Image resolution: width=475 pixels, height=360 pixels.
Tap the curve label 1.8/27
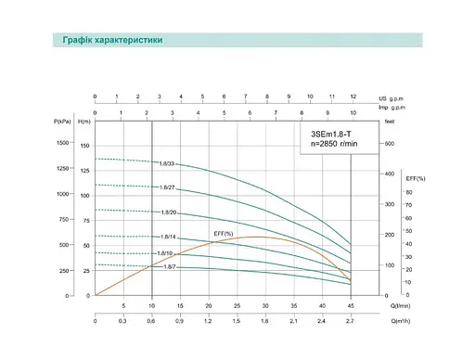pyautogui.click(x=168, y=188)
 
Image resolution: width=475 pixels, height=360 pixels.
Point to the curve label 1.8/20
pyautogui.click(x=168, y=212)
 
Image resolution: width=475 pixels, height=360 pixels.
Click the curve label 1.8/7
pyautogui.click(x=169, y=266)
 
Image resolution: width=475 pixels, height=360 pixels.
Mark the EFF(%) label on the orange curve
pyautogui.click(x=223, y=233)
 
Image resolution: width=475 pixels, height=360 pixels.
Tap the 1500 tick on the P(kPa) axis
pyautogui.click(x=63, y=143)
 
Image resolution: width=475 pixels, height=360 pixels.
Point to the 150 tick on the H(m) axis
pyautogui.click(x=86, y=146)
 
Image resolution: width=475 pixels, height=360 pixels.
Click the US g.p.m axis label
pyautogui.click(x=393, y=96)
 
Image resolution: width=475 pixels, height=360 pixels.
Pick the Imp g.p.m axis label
pyautogui.click(x=393, y=108)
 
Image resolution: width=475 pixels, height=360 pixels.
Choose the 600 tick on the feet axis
pyautogui.click(x=390, y=143)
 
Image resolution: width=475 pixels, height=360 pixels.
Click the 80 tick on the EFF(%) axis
pyautogui.click(x=407, y=192)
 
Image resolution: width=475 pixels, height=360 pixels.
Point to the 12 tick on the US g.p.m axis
pyautogui.click(x=353, y=96)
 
